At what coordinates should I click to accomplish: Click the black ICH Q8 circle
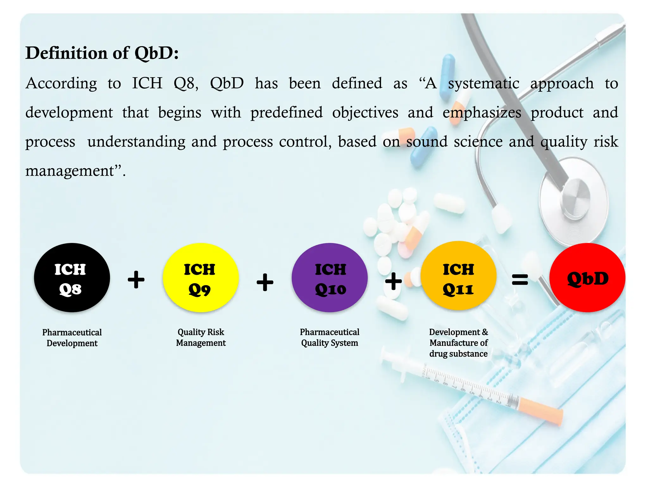(72, 277)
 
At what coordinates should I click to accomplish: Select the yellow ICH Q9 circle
(201, 277)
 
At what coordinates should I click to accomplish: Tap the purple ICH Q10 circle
(329, 277)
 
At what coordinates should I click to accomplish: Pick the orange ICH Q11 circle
(458, 276)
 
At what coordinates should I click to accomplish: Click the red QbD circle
(587, 277)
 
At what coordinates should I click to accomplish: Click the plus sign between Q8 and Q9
(136, 280)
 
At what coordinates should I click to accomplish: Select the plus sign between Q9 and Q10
(265, 282)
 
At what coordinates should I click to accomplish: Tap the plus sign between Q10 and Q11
(393, 281)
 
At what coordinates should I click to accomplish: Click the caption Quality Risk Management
(201, 337)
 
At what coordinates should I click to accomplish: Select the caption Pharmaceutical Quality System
(329, 337)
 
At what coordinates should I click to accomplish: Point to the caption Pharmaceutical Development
(72, 338)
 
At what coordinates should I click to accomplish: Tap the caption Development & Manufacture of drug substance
(458, 343)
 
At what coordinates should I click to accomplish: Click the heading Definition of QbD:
(102, 53)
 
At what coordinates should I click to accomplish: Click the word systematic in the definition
(483, 84)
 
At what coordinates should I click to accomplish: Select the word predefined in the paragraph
(286, 113)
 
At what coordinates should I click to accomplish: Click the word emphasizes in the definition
(482, 113)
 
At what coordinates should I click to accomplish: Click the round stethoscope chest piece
(573, 198)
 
